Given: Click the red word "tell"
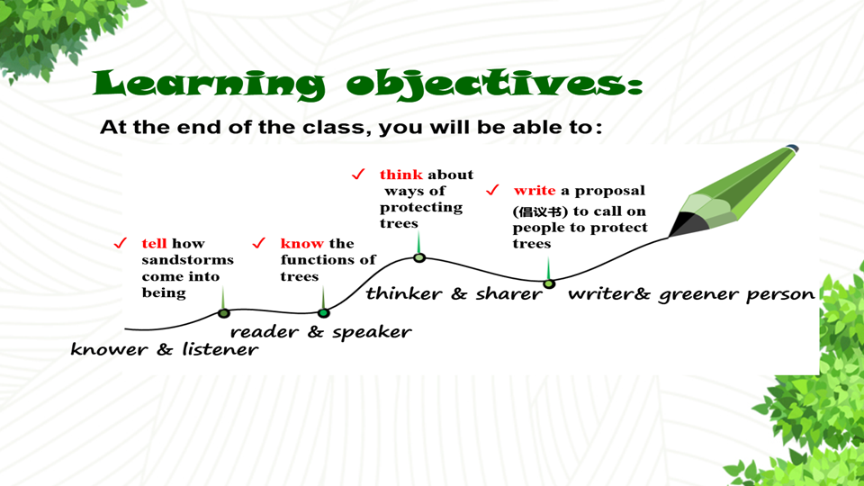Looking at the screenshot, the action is pos(154,244).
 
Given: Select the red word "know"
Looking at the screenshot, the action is pos(301,244).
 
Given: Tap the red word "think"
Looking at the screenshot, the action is pos(401,175).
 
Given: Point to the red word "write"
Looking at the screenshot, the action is pos(535,191).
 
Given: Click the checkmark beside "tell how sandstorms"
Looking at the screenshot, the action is pos(120,243).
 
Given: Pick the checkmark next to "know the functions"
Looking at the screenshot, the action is pos(258,243).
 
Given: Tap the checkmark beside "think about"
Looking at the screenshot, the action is pos(358,174).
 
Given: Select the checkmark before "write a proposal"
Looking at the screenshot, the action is pos(492,190).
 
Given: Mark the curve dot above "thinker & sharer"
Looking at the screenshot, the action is pos(419,257).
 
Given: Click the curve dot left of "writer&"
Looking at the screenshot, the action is pos(549,283).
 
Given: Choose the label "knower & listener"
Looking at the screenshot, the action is pos(164,349).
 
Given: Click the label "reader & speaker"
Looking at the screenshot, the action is pos(320,332).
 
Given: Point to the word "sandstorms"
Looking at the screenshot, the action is pos(187,259).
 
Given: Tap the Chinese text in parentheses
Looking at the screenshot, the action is pos(540,211).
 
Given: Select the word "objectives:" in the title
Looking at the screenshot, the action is pos(494,85).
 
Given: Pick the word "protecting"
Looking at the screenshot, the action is pos(421,208).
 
